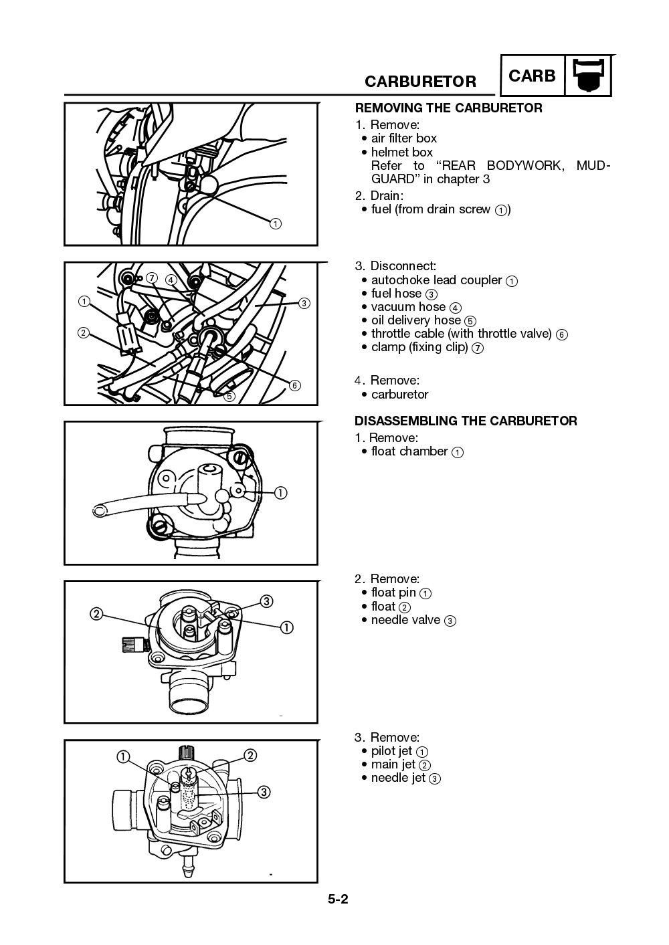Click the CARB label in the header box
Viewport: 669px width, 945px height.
(x=532, y=76)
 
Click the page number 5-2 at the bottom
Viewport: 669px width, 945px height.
(x=338, y=899)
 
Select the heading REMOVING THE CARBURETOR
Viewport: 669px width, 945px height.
(x=448, y=108)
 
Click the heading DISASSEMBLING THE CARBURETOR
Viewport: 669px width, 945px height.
(x=466, y=421)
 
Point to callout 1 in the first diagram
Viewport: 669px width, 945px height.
(x=275, y=223)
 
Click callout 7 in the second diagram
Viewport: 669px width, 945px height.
(x=152, y=277)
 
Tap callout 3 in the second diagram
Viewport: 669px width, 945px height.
(x=304, y=303)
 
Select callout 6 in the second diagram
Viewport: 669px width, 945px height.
(x=294, y=385)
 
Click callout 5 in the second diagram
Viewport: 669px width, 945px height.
(x=229, y=396)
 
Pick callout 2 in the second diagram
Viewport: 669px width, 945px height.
(x=84, y=332)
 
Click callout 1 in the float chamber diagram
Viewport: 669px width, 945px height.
(x=280, y=493)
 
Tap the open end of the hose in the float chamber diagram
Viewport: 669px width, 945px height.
(x=98, y=512)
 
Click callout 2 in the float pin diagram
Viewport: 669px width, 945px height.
(x=97, y=614)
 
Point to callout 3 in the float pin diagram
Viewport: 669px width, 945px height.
(x=266, y=601)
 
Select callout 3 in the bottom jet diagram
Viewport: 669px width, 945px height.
(x=264, y=792)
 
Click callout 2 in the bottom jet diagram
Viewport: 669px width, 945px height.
(x=250, y=755)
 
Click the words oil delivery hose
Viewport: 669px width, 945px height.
(x=416, y=320)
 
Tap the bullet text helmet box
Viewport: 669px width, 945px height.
(x=401, y=152)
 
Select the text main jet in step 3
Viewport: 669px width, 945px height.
(x=393, y=764)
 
